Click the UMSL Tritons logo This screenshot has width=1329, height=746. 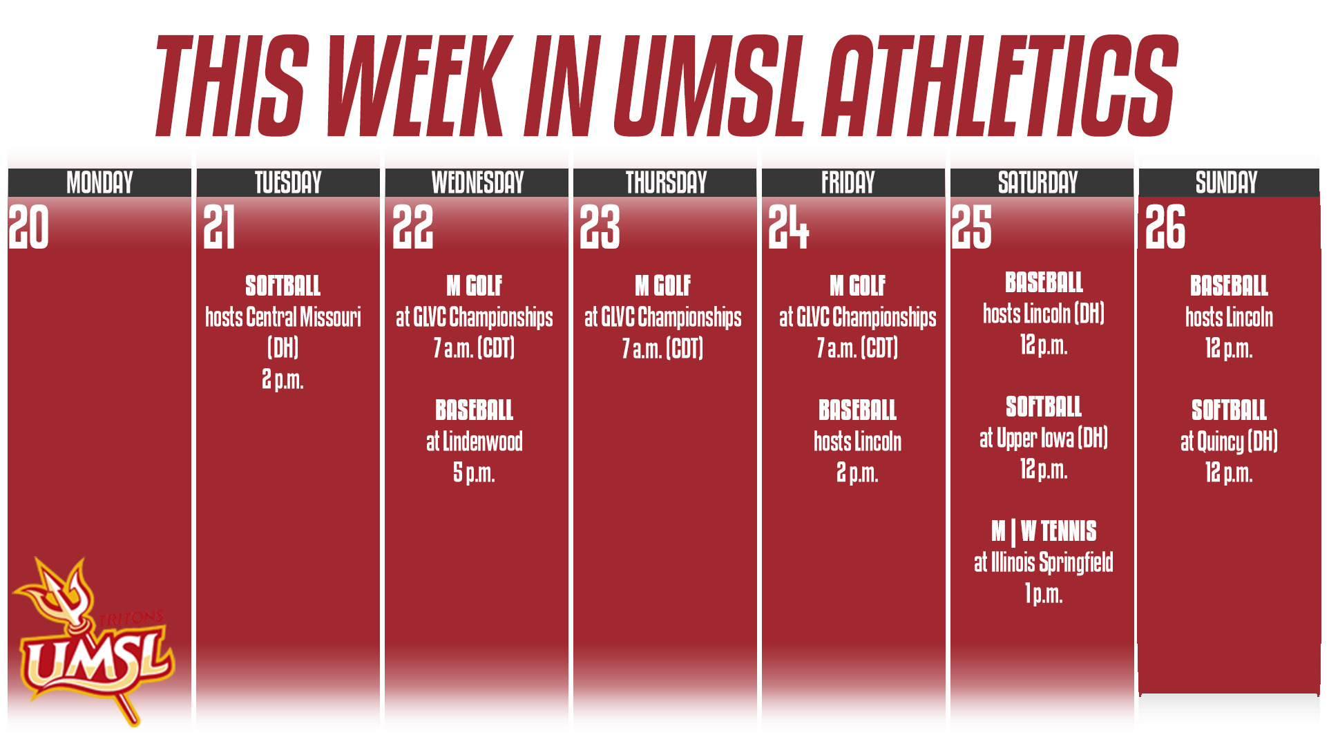coord(93,642)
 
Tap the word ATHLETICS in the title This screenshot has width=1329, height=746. coord(1002,86)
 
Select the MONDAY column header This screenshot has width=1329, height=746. coord(99,183)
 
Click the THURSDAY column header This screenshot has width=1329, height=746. coord(666,183)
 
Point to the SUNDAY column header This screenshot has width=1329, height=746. coord(1226,183)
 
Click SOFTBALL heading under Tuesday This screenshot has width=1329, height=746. coord(283,286)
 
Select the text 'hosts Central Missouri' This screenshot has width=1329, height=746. coord(283,318)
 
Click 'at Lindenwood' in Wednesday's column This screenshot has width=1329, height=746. coord(474,442)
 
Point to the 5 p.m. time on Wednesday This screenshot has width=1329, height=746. coord(474,473)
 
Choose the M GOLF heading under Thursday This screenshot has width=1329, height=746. coord(662,286)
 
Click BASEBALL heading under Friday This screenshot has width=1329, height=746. coord(857,410)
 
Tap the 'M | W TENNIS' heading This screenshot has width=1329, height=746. coord(1043,531)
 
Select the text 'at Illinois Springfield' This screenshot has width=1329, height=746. coord(1043,562)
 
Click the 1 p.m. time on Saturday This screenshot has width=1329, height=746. coord(1043,593)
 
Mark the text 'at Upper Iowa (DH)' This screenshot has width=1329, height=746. coord(1043,438)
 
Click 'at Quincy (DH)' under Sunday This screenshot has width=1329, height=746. coord(1229,441)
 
